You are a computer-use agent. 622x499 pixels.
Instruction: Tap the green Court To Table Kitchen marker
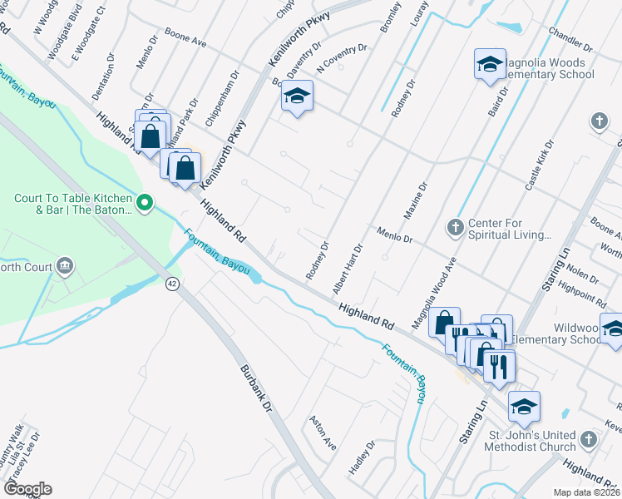[145, 202]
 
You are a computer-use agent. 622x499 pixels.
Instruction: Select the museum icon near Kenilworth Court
[64, 267]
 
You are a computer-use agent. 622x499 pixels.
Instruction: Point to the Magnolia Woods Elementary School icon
[490, 63]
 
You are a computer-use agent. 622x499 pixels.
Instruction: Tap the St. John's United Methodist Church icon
[590, 438]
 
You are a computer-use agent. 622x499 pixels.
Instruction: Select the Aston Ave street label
[323, 433]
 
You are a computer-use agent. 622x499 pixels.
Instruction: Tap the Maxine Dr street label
[415, 201]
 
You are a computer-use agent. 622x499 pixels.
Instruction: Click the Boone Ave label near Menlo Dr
[185, 39]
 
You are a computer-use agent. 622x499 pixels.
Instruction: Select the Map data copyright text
[586, 492]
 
